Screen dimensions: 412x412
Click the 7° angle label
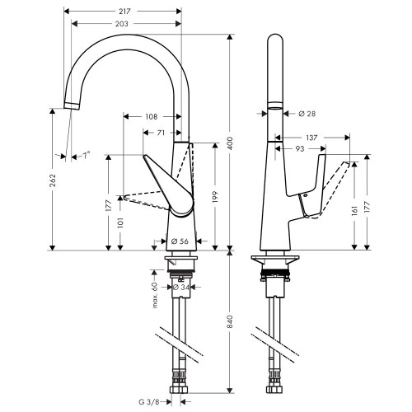tap(85, 154)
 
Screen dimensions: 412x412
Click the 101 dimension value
tap(121, 222)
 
